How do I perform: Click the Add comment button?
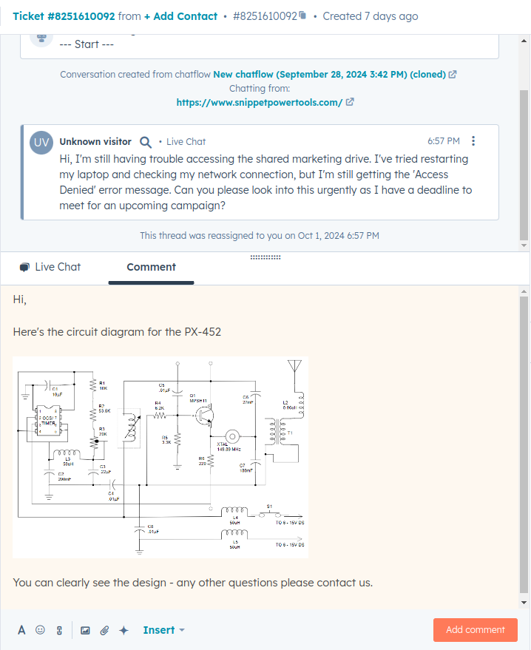coord(475,630)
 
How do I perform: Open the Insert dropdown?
coord(163,630)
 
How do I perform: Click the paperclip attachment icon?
coord(104,630)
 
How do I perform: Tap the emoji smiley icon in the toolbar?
coord(41,630)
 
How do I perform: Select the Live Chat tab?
coord(50,267)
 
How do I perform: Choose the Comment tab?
coord(151,267)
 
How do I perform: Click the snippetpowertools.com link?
coord(259,103)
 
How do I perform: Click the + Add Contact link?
coord(180,16)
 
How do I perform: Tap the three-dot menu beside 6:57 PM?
coord(474,141)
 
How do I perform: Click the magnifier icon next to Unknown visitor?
coord(146,142)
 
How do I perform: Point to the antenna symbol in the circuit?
coord(294,368)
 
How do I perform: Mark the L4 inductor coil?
coord(235,509)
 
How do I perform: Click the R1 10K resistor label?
coord(103,385)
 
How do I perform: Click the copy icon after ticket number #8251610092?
coord(302,16)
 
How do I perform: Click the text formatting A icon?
coord(21,630)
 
